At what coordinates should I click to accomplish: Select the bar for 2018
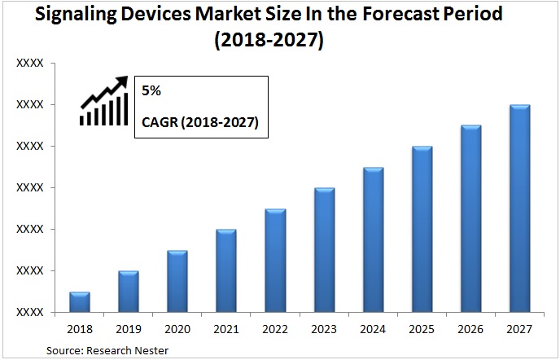80,302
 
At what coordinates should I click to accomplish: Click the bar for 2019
129,292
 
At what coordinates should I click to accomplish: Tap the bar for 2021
226,270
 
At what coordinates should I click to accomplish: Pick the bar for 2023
324,250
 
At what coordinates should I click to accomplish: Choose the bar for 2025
422,229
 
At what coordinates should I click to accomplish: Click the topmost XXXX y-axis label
30,63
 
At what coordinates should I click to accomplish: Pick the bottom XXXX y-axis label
30,312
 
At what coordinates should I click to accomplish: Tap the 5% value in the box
152,91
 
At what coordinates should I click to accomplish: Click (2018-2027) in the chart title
279,40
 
